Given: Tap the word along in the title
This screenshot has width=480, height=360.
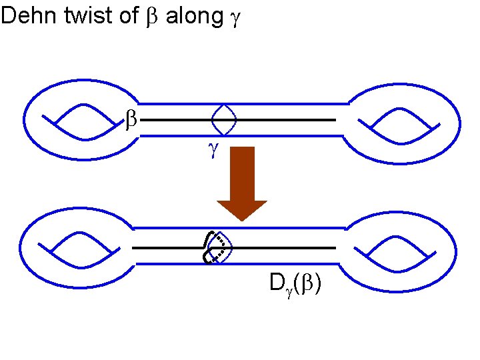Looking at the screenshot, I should tap(193, 17).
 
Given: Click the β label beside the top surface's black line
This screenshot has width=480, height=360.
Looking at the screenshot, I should tap(131, 121).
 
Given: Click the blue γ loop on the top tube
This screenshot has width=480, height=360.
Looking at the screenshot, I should tap(223, 120).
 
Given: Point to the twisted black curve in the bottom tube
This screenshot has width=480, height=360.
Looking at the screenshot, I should tap(212, 247).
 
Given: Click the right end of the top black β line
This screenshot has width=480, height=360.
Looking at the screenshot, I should tap(333, 120).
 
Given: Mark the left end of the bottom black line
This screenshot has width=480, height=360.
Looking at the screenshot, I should tap(134, 247).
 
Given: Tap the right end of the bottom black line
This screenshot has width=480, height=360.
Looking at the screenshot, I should tap(333, 247).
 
